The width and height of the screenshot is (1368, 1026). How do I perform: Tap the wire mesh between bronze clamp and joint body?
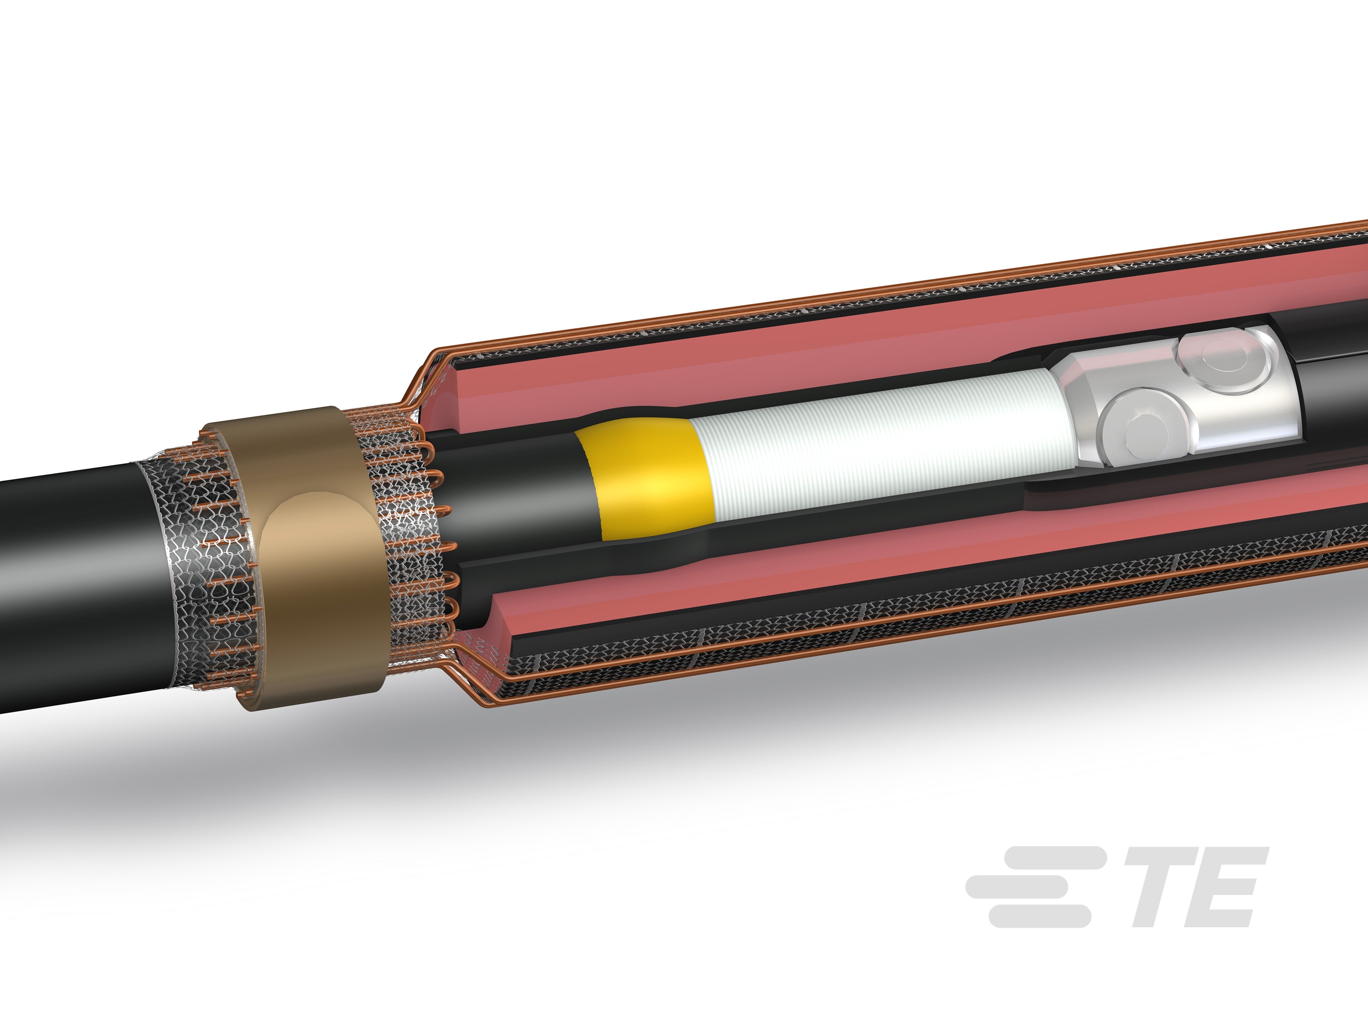pyautogui.click(x=402, y=526)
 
